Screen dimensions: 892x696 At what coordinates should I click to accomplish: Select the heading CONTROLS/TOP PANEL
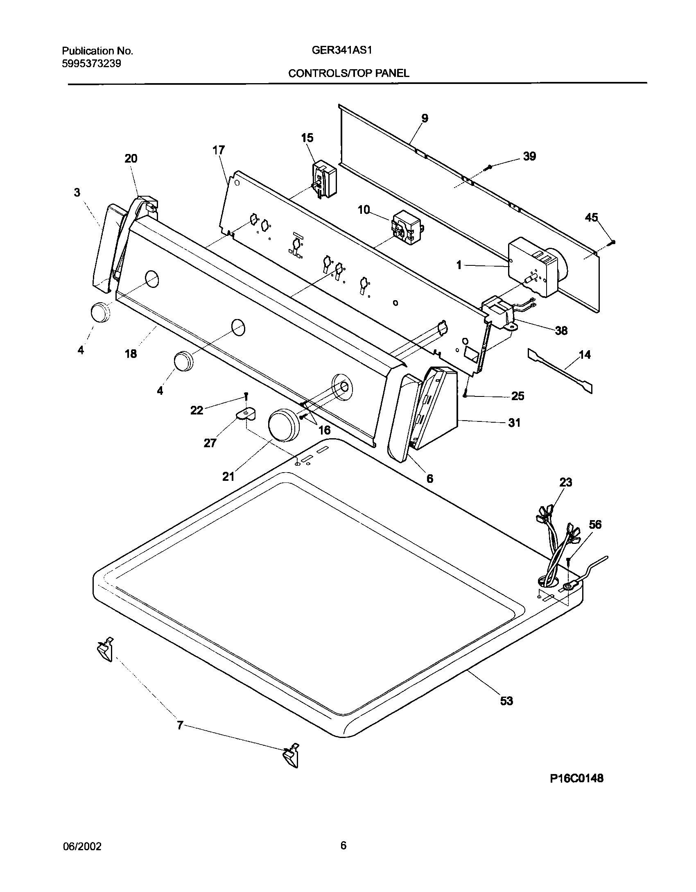pyautogui.click(x=348, y=73)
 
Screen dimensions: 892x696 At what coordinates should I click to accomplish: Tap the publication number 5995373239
pyautogui.click(x=91, y=63)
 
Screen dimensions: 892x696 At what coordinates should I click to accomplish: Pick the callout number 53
pyautogui.click(x=506, y=701)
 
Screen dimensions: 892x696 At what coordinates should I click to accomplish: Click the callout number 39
pyautogui.click(x=529, y=156)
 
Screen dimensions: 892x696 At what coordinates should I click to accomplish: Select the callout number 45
pyautogui.click(x=591, y=217)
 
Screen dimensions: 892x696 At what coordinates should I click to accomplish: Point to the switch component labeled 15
pyautogui.click(x=324, y=179)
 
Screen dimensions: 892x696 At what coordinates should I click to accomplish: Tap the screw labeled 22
pyautogui.click(x=246, y=396)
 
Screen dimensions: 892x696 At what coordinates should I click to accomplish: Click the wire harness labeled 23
pyautogui.click(x=557, y=545)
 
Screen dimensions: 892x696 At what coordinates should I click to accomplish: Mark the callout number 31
pyautogui.click(x=514, y=422)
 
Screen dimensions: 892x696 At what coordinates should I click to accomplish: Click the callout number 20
pyautogui.click(x=131, y=158)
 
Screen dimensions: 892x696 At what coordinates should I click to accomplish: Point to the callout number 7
pyautogui.click(x=179, y=726)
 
